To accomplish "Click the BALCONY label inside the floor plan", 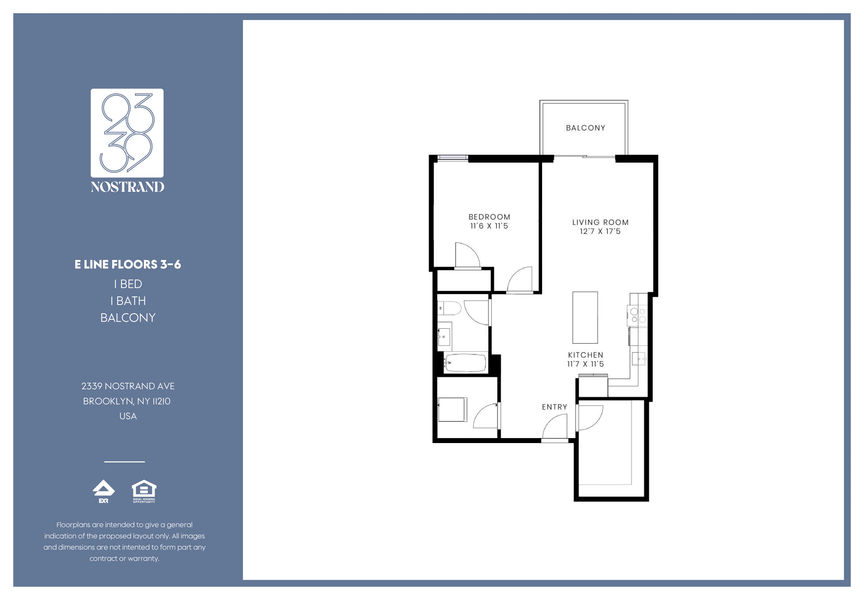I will [586, 128].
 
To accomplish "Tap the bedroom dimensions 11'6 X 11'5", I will [489, 226].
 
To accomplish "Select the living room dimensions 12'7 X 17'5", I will [600, 231].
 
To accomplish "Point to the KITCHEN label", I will [586, 355].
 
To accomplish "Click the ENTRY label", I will [554, 407].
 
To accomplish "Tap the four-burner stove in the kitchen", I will [638, 316].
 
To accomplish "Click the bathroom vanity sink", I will [444, 336].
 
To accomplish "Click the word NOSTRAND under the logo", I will [127, 187].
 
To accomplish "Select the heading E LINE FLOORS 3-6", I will [128, 264].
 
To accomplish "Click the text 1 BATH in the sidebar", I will [128, 301].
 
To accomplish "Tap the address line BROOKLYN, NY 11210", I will [127, 401].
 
